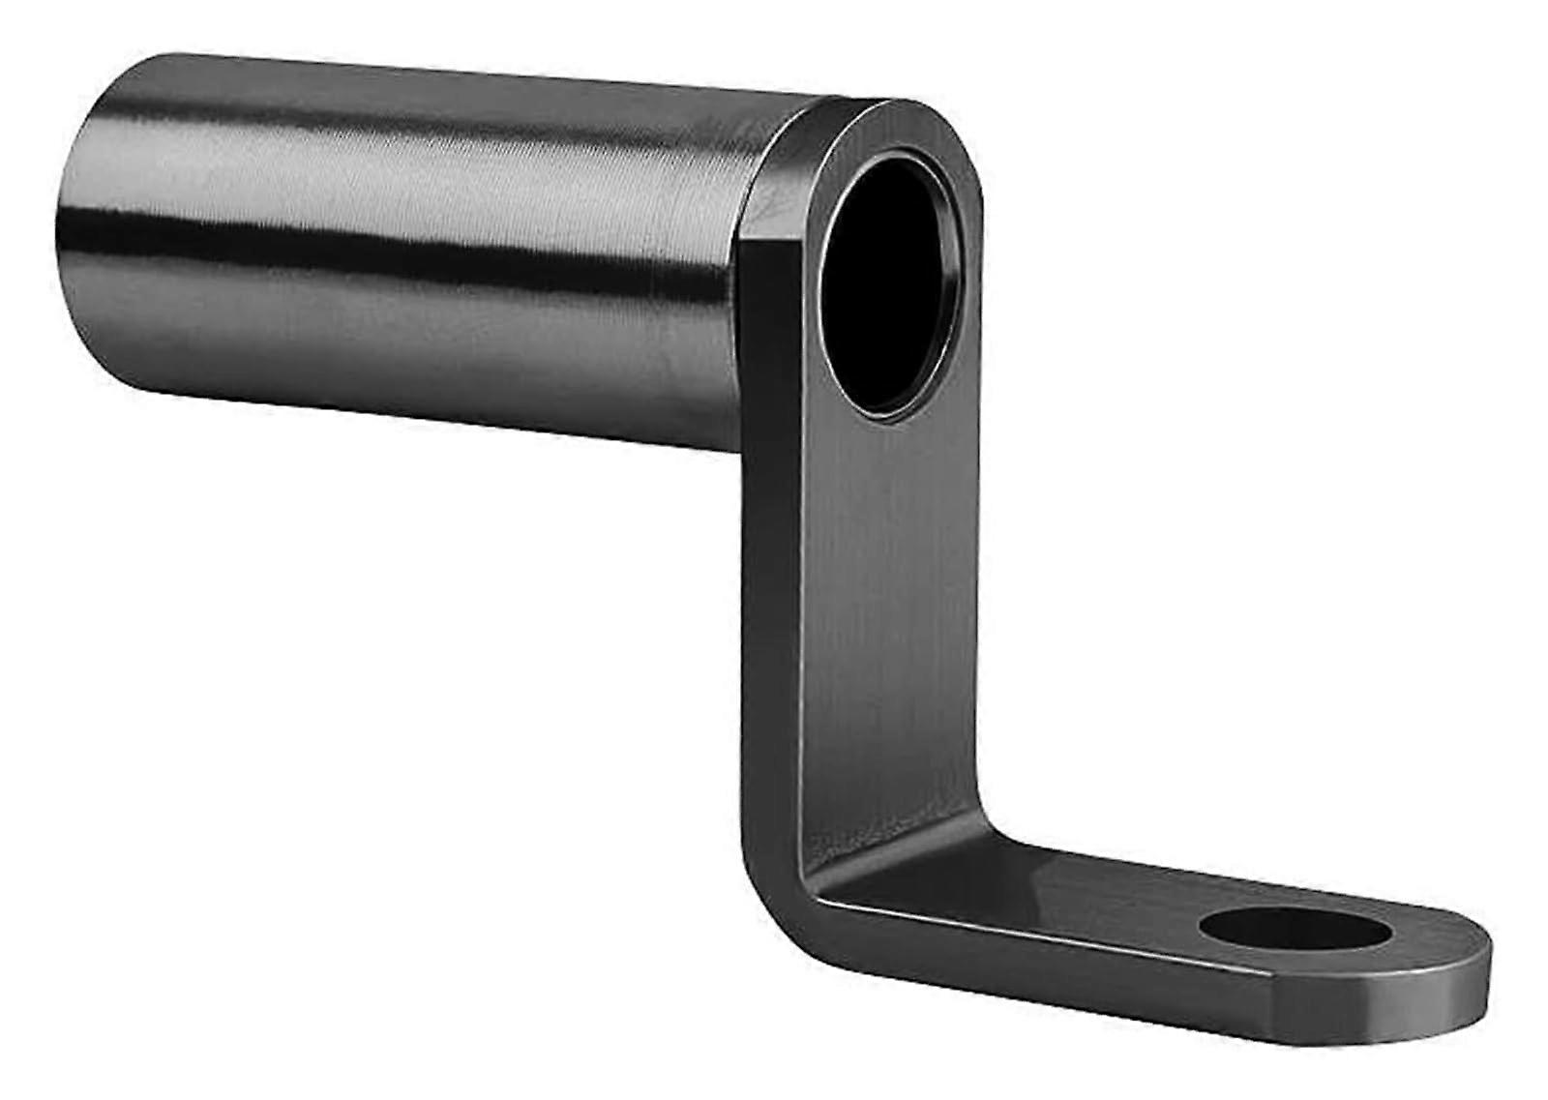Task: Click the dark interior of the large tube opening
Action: [885, 310]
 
